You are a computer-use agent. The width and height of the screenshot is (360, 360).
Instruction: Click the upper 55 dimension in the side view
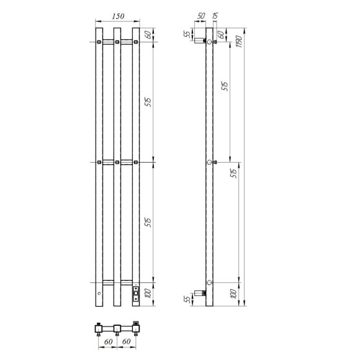pyautogui.click(x=186, y=35)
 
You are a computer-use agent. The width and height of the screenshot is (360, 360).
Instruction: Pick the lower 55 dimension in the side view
pyautogui.click(x=186, y=300)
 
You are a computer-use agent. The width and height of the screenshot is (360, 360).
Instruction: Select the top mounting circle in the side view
pyautogui.click(x=210, y=42)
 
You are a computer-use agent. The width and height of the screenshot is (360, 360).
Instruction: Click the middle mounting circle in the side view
pyautogui.click(x=210, y=162)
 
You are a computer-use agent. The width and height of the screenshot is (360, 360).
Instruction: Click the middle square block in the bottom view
pyautogui.click(x=117, y=327)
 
